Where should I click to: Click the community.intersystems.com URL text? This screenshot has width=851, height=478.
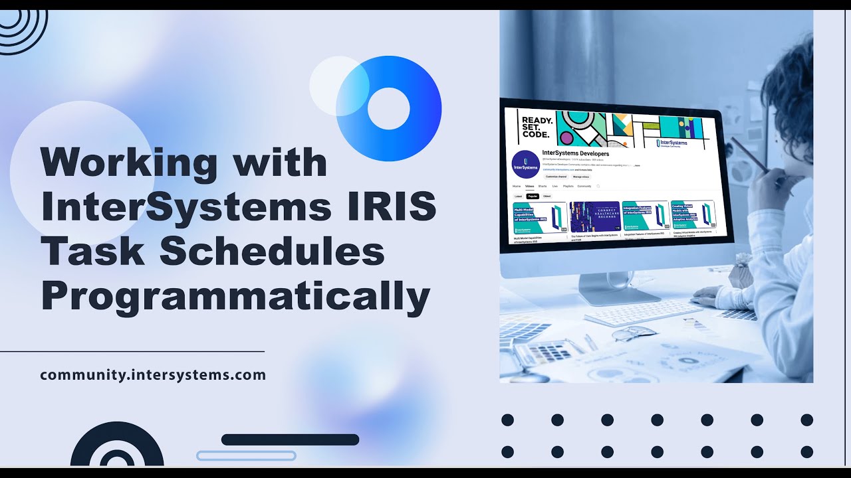click(153, 374)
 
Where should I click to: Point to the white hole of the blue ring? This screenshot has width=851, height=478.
click(388, 108)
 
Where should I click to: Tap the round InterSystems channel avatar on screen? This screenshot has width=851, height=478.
click(525, 165)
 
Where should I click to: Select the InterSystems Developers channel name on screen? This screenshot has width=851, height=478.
click(575, 154)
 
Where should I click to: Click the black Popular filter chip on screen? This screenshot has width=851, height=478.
click(533, 197)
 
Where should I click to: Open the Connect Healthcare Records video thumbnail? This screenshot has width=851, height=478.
click(594, 216)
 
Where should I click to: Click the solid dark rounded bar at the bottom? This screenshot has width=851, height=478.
click(290, 439)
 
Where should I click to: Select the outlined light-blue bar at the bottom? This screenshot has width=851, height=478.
click(246, 455)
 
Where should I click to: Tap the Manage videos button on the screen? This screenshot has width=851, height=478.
click(582, 177)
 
